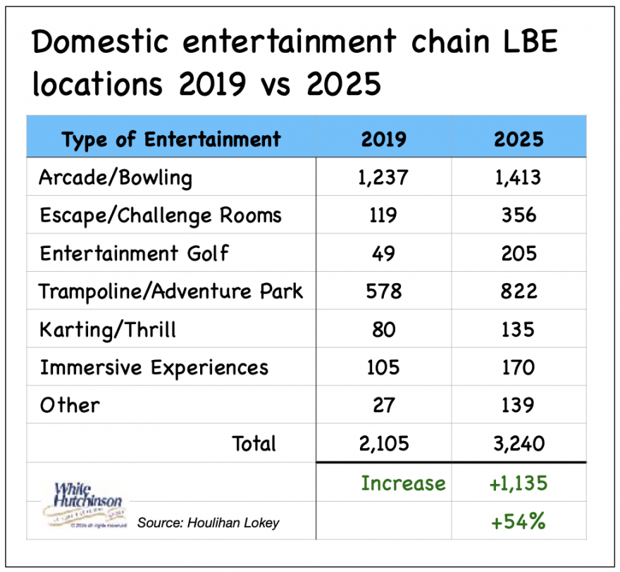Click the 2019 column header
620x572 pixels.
383,139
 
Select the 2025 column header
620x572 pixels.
519,139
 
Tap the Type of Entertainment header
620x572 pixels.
170,139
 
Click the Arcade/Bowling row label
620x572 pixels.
116,178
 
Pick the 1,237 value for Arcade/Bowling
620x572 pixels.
383,177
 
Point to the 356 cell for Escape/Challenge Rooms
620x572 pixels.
519,215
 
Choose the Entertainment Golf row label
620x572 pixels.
134,253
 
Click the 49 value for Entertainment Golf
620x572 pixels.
383,253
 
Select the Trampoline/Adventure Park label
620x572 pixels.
171,291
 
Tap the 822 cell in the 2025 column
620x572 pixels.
519,291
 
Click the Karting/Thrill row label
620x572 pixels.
108,329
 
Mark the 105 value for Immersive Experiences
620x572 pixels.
383,367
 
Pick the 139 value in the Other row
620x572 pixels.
519,405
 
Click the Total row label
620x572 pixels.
254,443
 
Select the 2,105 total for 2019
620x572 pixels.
383,443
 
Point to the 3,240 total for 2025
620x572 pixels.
519,443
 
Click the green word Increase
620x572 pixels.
403,483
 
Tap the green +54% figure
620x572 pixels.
519,522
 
